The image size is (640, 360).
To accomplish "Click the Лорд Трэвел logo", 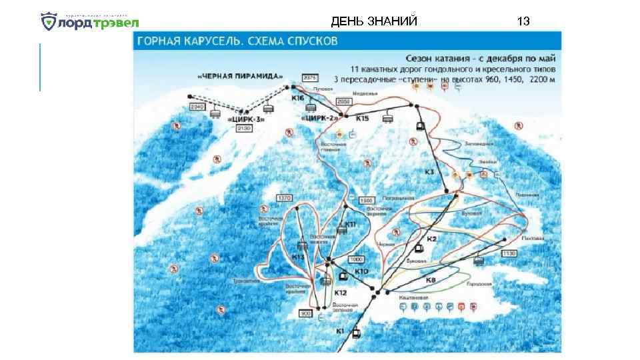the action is coord(89,22).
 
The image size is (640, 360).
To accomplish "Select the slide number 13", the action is coord(523,21).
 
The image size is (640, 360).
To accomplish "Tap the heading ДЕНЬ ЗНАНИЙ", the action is coord(374,21).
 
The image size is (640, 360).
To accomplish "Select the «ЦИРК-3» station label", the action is coord(246,119).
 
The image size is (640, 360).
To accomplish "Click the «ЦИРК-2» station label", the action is coord(321,118).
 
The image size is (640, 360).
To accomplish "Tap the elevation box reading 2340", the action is coord(197,106).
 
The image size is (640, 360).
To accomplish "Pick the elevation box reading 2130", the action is coord(243,128).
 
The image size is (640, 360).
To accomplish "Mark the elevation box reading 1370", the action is coord(285,198).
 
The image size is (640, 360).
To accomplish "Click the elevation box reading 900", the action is coord(306,313).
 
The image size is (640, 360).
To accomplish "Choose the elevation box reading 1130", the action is coord(509,253).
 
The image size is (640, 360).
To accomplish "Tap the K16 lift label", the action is coord(297,98).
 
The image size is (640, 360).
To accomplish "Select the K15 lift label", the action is coord(362,118).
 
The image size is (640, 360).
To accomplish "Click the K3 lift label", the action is coord(429,172).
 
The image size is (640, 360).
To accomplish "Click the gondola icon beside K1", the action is coord(357,332).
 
